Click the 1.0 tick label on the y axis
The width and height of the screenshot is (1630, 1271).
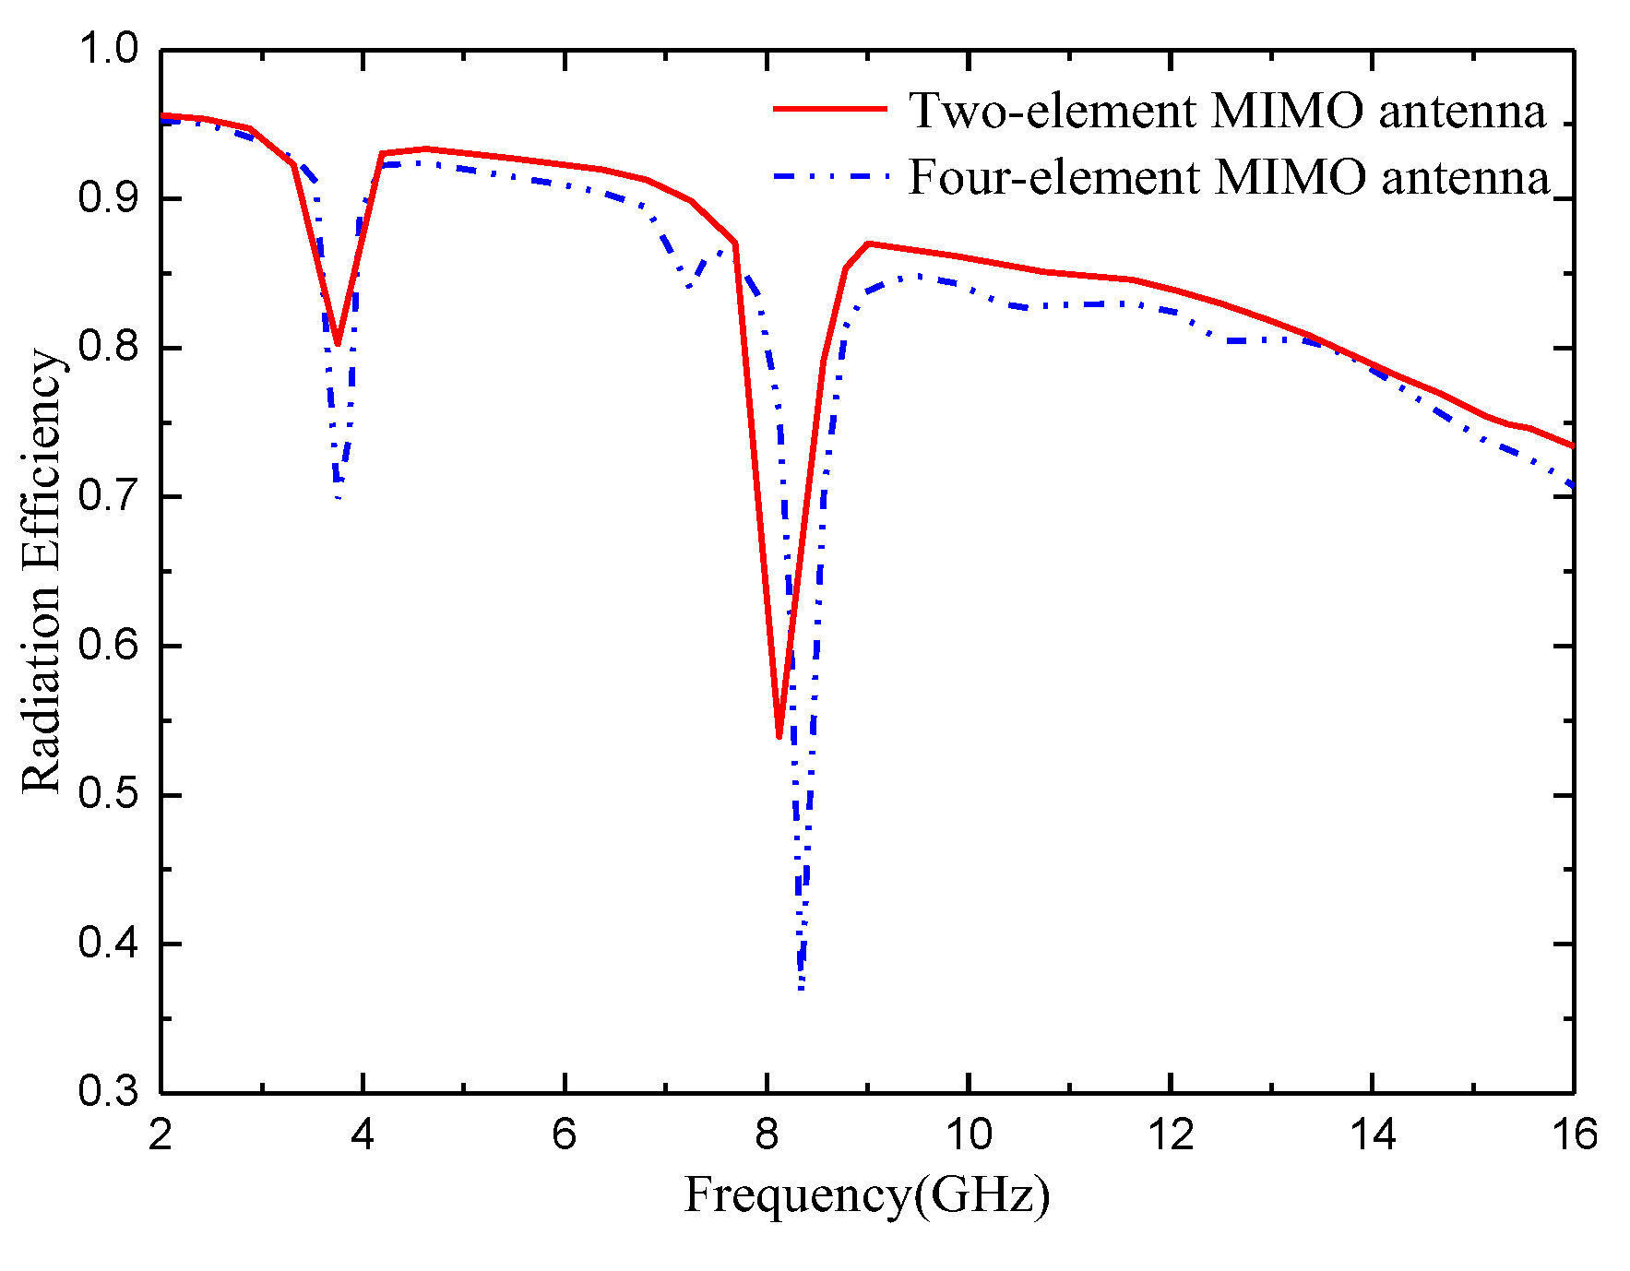pos(108,49)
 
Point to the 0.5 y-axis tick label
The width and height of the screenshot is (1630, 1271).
pos(108,794)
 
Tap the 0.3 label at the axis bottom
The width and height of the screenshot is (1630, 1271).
pos(108,1092)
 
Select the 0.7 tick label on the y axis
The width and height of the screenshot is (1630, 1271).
pos(108,496)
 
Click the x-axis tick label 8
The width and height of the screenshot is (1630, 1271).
pos(766,1134)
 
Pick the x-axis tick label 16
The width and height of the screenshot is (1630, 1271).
pos(1574,1134)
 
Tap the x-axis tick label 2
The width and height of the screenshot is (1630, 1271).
pos(161,1134)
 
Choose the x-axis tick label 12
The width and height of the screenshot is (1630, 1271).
pos(1170,1134)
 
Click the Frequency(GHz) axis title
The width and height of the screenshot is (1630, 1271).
pos(866,1196)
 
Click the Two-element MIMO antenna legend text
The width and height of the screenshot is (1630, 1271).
pos(1227,111)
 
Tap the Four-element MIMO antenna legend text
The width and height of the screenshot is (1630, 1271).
pos(1229,176)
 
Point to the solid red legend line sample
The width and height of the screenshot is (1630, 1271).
pos(829,109)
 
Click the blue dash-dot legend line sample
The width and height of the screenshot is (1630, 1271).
pos(829,175)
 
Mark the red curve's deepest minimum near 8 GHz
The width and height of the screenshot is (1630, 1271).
pos(779,736)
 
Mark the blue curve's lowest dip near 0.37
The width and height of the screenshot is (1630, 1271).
pos(802,989)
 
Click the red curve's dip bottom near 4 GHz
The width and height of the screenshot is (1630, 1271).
pos(338,343)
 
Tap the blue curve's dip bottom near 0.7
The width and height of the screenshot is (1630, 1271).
pos(339,496)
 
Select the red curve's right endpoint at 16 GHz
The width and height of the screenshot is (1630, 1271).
pos(1572,445)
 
